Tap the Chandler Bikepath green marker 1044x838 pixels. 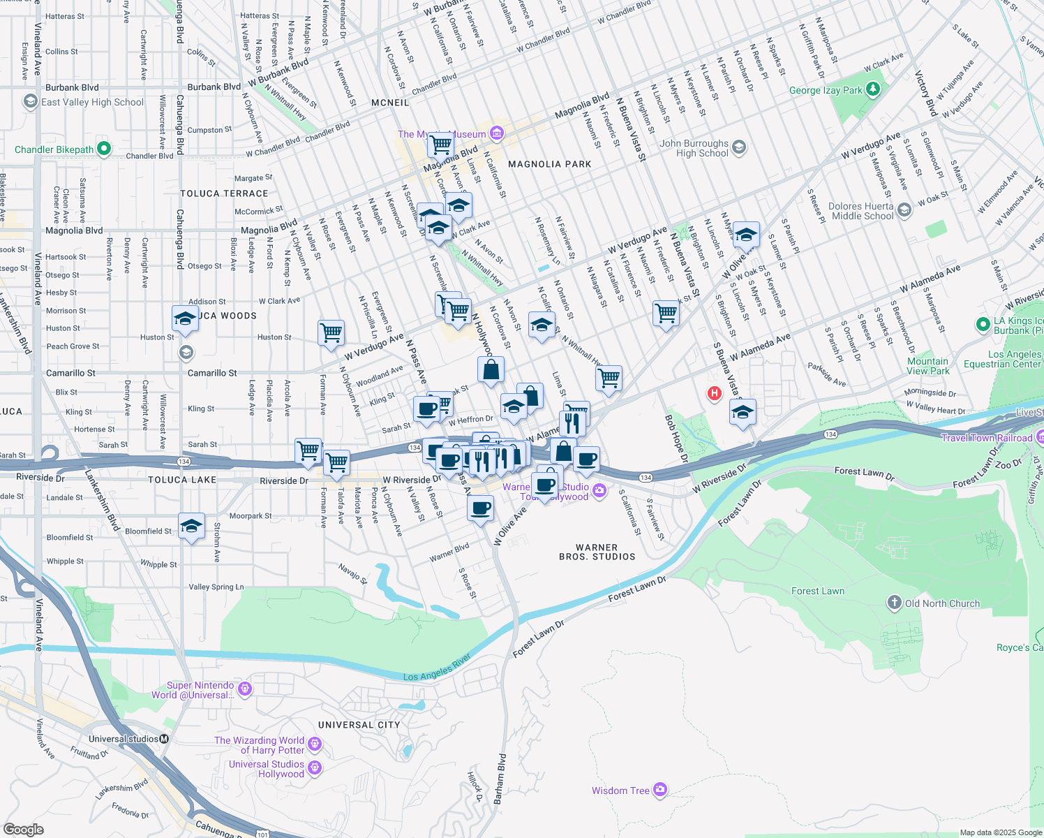tap(104, 149)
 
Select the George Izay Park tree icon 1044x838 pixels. tap(872, 89)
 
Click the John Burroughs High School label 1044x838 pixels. tap(694, 148)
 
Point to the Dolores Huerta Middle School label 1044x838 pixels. tap(862, 211)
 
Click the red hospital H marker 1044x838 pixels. tap(714, 394)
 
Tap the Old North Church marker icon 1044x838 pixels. tap(895, 603)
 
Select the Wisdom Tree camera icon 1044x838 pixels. tap(660, 790)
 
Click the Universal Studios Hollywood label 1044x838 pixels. tap(267, 769)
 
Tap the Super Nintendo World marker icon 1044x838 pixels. tap(244, 690)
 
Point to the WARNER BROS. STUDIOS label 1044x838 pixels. tap(597, 552)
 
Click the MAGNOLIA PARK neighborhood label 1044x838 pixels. tap(549, 164)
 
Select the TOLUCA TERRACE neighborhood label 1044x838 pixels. tap(224, 193)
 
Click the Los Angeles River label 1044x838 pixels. tap(438, 669)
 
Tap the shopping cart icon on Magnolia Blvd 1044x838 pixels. tap(441, 145)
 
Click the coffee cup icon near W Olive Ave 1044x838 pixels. tap(480, 508)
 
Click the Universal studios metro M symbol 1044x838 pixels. tap(164, 739)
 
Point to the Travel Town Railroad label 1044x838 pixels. tap(986, 438)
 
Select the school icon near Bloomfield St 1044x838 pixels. tap(191, 525)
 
